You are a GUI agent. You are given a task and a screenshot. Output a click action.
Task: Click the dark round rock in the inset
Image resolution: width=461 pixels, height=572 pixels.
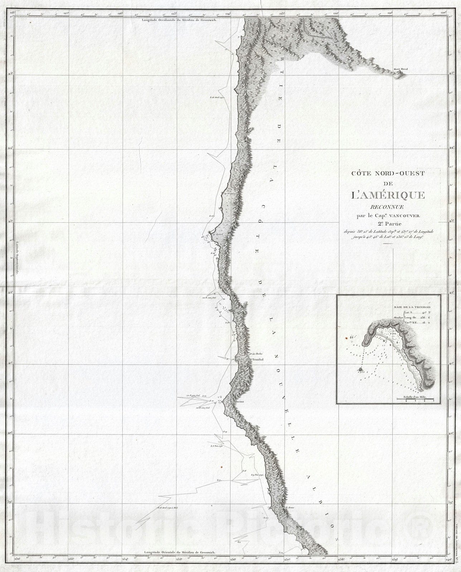[x=360, y=370]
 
